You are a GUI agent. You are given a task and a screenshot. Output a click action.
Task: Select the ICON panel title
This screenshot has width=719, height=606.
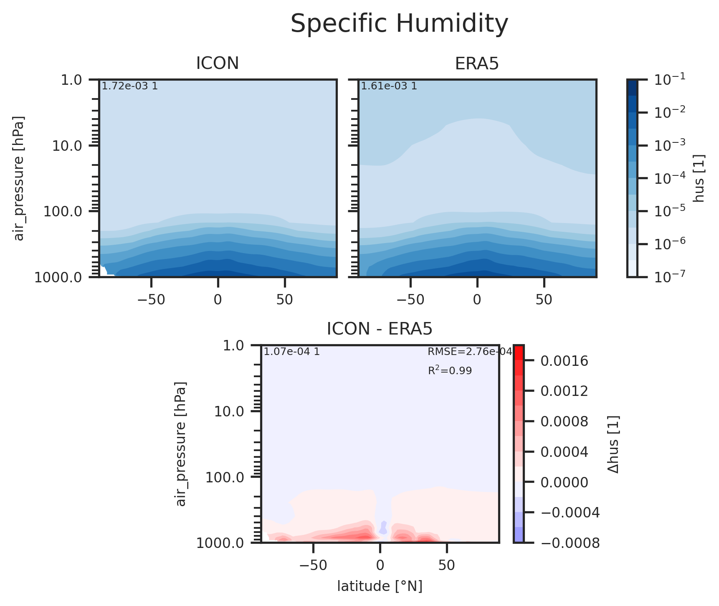[218, 63]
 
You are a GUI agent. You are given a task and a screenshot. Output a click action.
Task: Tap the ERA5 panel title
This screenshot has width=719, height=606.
[477, 63]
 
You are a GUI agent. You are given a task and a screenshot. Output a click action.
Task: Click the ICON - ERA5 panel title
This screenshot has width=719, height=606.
[380, 329]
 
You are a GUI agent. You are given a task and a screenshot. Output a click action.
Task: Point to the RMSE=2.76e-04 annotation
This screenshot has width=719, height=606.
[470, 352]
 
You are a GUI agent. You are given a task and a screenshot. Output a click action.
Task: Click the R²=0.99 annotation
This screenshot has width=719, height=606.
[450, 370]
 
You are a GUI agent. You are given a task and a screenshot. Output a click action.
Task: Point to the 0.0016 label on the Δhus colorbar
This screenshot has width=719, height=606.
[565, 361]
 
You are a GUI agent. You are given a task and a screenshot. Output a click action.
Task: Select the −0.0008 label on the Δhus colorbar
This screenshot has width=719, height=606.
[570, 543]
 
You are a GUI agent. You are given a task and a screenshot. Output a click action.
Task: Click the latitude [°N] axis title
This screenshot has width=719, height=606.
[380, 586]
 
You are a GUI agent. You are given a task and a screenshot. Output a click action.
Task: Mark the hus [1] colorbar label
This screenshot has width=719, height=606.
[700, 178]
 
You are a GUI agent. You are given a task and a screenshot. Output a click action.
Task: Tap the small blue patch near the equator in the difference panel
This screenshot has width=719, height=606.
[383, 528]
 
